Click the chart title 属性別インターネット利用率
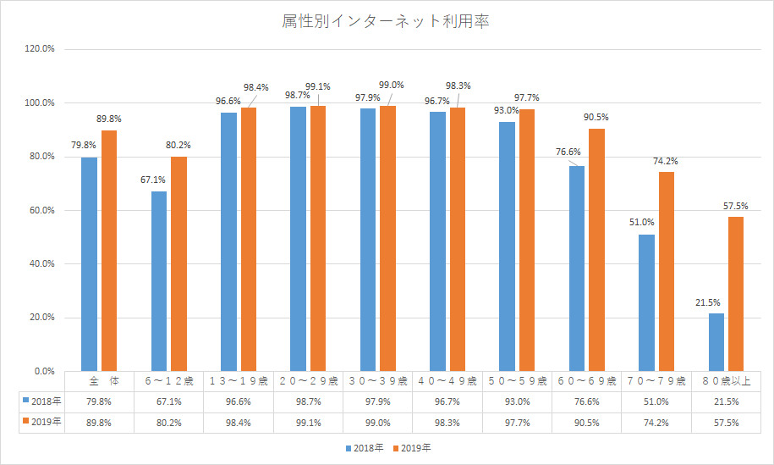pyautogui.click(x=386, y=21)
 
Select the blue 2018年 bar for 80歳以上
pyautogui.click(x=716, y=342)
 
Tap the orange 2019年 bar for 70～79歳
pyautogui.click(x=667, y=271)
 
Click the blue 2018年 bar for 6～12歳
pyautogui.click(x=159, y=281)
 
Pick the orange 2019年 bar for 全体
pyautogui.click(x=109, y=251)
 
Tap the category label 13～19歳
pyautogui.click(x=239, y=380)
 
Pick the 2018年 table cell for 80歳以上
pyautogui.click(x=726, y=400)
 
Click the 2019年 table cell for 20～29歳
pyautogui.click(x=308, y=421)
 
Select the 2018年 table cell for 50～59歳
pyautogui.click(x=517, y=400)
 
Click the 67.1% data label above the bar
pyautogui.click(x=154, y=180)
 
